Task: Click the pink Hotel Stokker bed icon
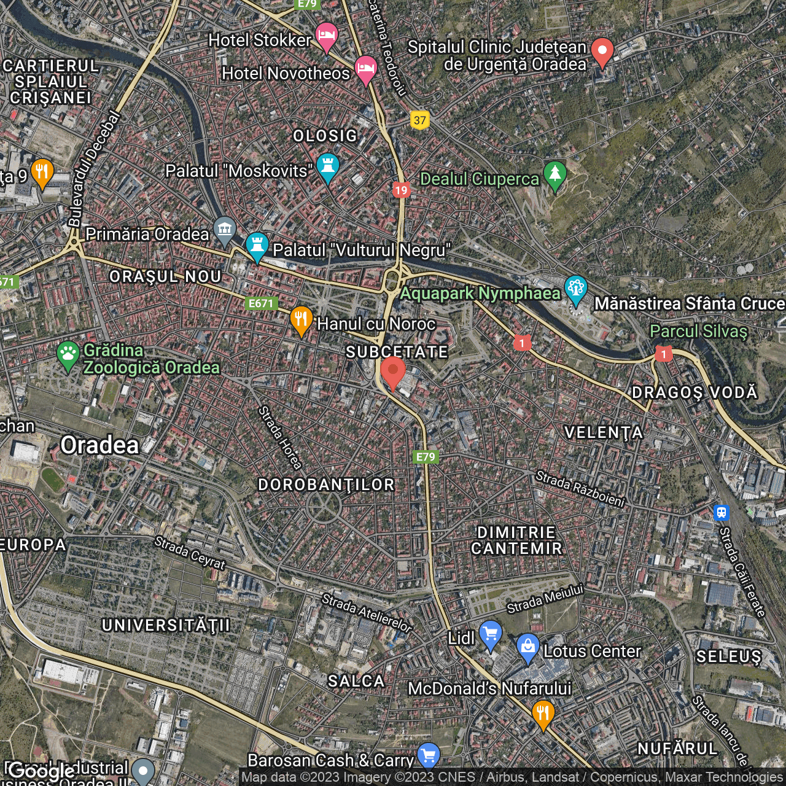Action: (326, 35)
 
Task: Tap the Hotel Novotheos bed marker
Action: (365, 68)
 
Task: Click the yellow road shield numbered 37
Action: (420, 120)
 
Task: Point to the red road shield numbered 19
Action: (401, 190)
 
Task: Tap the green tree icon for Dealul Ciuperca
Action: (555, 174)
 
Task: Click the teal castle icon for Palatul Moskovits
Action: (328, 166)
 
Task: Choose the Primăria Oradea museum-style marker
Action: (225, 230)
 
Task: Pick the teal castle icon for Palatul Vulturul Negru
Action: (257, 246)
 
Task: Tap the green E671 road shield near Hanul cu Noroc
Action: (261, 303)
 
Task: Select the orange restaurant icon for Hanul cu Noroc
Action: (301, 319)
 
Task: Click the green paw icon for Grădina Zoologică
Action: (68, 354)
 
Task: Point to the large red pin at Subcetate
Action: (393, 372)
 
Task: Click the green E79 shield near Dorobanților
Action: (426, 457)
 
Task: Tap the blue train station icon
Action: (721, 512)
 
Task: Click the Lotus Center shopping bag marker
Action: (527, 646)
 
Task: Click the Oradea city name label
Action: (99, 445)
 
